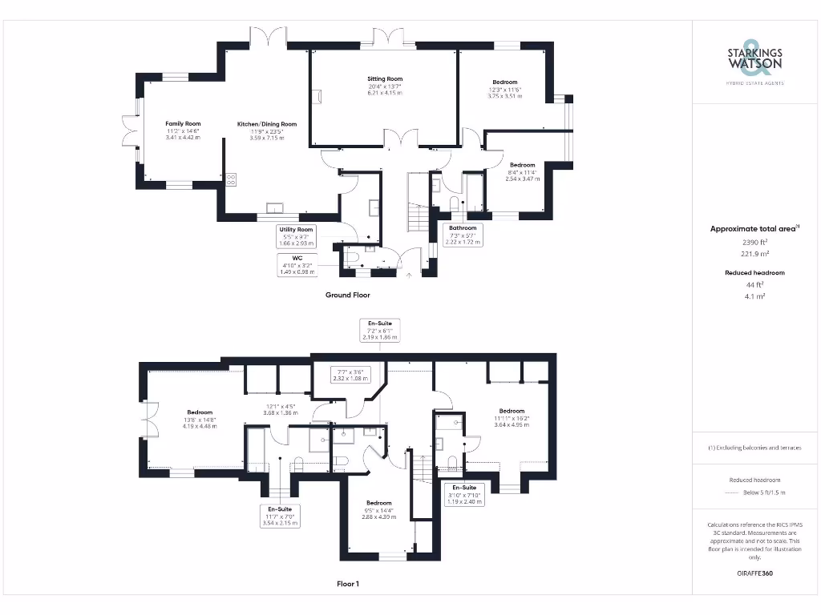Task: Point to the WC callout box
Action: (x=296, y=264)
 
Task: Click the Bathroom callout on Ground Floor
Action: (x=463, y=234)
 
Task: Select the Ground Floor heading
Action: (x=347, y=295)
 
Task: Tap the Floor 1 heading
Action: (x=347, y=584)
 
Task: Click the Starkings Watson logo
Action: (x=754, y=62)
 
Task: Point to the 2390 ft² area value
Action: (x=754, y=241)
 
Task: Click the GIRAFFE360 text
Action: (x=754, y=573)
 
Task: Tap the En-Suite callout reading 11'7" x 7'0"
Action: (x=279, y=515)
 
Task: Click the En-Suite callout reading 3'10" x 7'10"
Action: (x=464, y=494)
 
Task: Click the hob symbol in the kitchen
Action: (x=231, y=179)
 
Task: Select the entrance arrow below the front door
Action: (x=410, y=275)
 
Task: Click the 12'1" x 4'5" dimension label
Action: (x=281, y=410)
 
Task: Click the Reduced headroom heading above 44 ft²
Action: (x=754, y=273)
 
